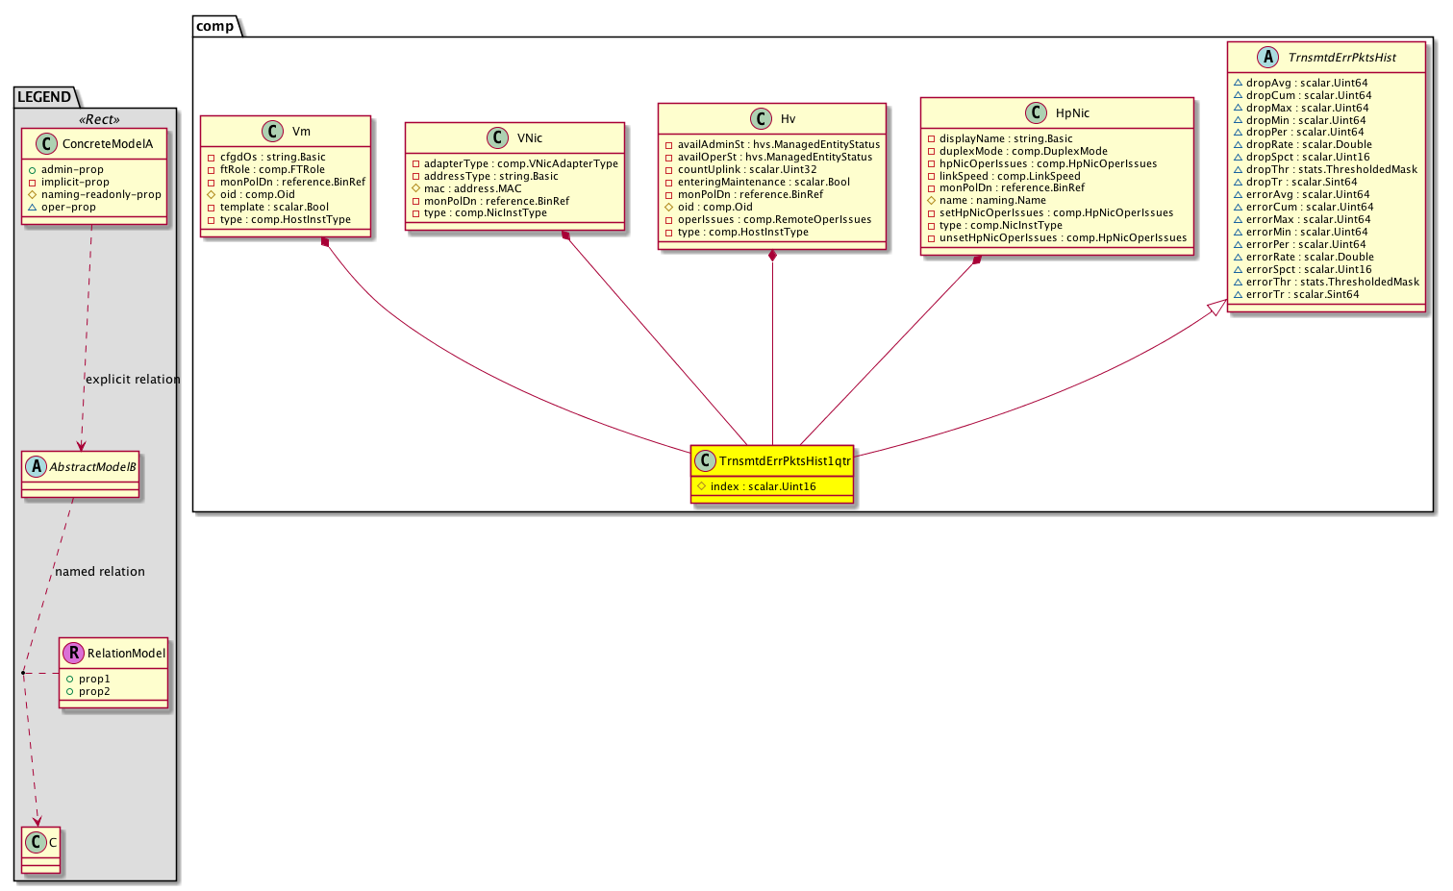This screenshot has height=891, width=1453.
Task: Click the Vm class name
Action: [301, 132]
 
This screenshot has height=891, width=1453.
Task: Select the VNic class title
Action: [529, 138]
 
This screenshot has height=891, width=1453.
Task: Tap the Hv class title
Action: [788, 118]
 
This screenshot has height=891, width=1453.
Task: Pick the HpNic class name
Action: [1072, 112]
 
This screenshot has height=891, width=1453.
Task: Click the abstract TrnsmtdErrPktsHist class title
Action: [1341, 58]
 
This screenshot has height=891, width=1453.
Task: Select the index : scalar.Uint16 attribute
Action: [763, 486]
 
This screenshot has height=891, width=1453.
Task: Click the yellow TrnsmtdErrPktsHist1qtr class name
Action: [785, 461]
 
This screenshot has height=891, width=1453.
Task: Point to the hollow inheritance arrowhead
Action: [1216, 308]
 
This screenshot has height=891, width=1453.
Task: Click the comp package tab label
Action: [214, 26]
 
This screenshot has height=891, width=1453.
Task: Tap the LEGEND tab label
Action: [44, 97]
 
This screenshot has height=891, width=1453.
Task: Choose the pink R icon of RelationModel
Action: [73, 653]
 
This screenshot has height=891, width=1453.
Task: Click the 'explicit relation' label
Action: [133, 380]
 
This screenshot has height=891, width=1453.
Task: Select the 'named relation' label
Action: [100, 571]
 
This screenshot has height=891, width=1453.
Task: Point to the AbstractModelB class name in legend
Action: [92, 467]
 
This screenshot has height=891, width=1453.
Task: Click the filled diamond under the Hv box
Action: [772, 256]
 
